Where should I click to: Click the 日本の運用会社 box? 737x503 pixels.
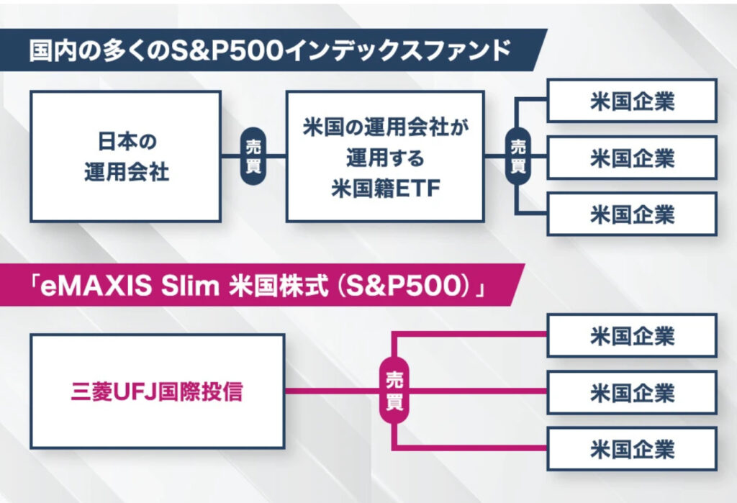[x=126, y=156]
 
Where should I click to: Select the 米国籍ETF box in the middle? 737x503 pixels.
[x=384, y=156]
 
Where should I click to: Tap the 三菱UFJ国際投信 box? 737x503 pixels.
[x=158, y=391]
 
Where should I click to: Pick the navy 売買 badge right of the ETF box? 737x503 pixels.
[x=517, y=156]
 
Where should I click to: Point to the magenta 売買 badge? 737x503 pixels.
[x=394, y=391]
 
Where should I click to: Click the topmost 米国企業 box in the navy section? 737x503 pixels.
[x=632, y=101]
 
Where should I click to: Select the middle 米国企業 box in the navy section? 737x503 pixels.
[x=632, y=157]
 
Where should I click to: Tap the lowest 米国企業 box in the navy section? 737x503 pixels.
[x=632, y=214]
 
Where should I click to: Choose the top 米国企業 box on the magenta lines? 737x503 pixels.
[x=632, y=335]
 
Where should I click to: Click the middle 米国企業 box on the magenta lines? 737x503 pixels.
[x=632, y=392]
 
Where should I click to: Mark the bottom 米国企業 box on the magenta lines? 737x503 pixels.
[x=632, y=449]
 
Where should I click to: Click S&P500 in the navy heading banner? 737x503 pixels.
[x=234, y=51]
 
